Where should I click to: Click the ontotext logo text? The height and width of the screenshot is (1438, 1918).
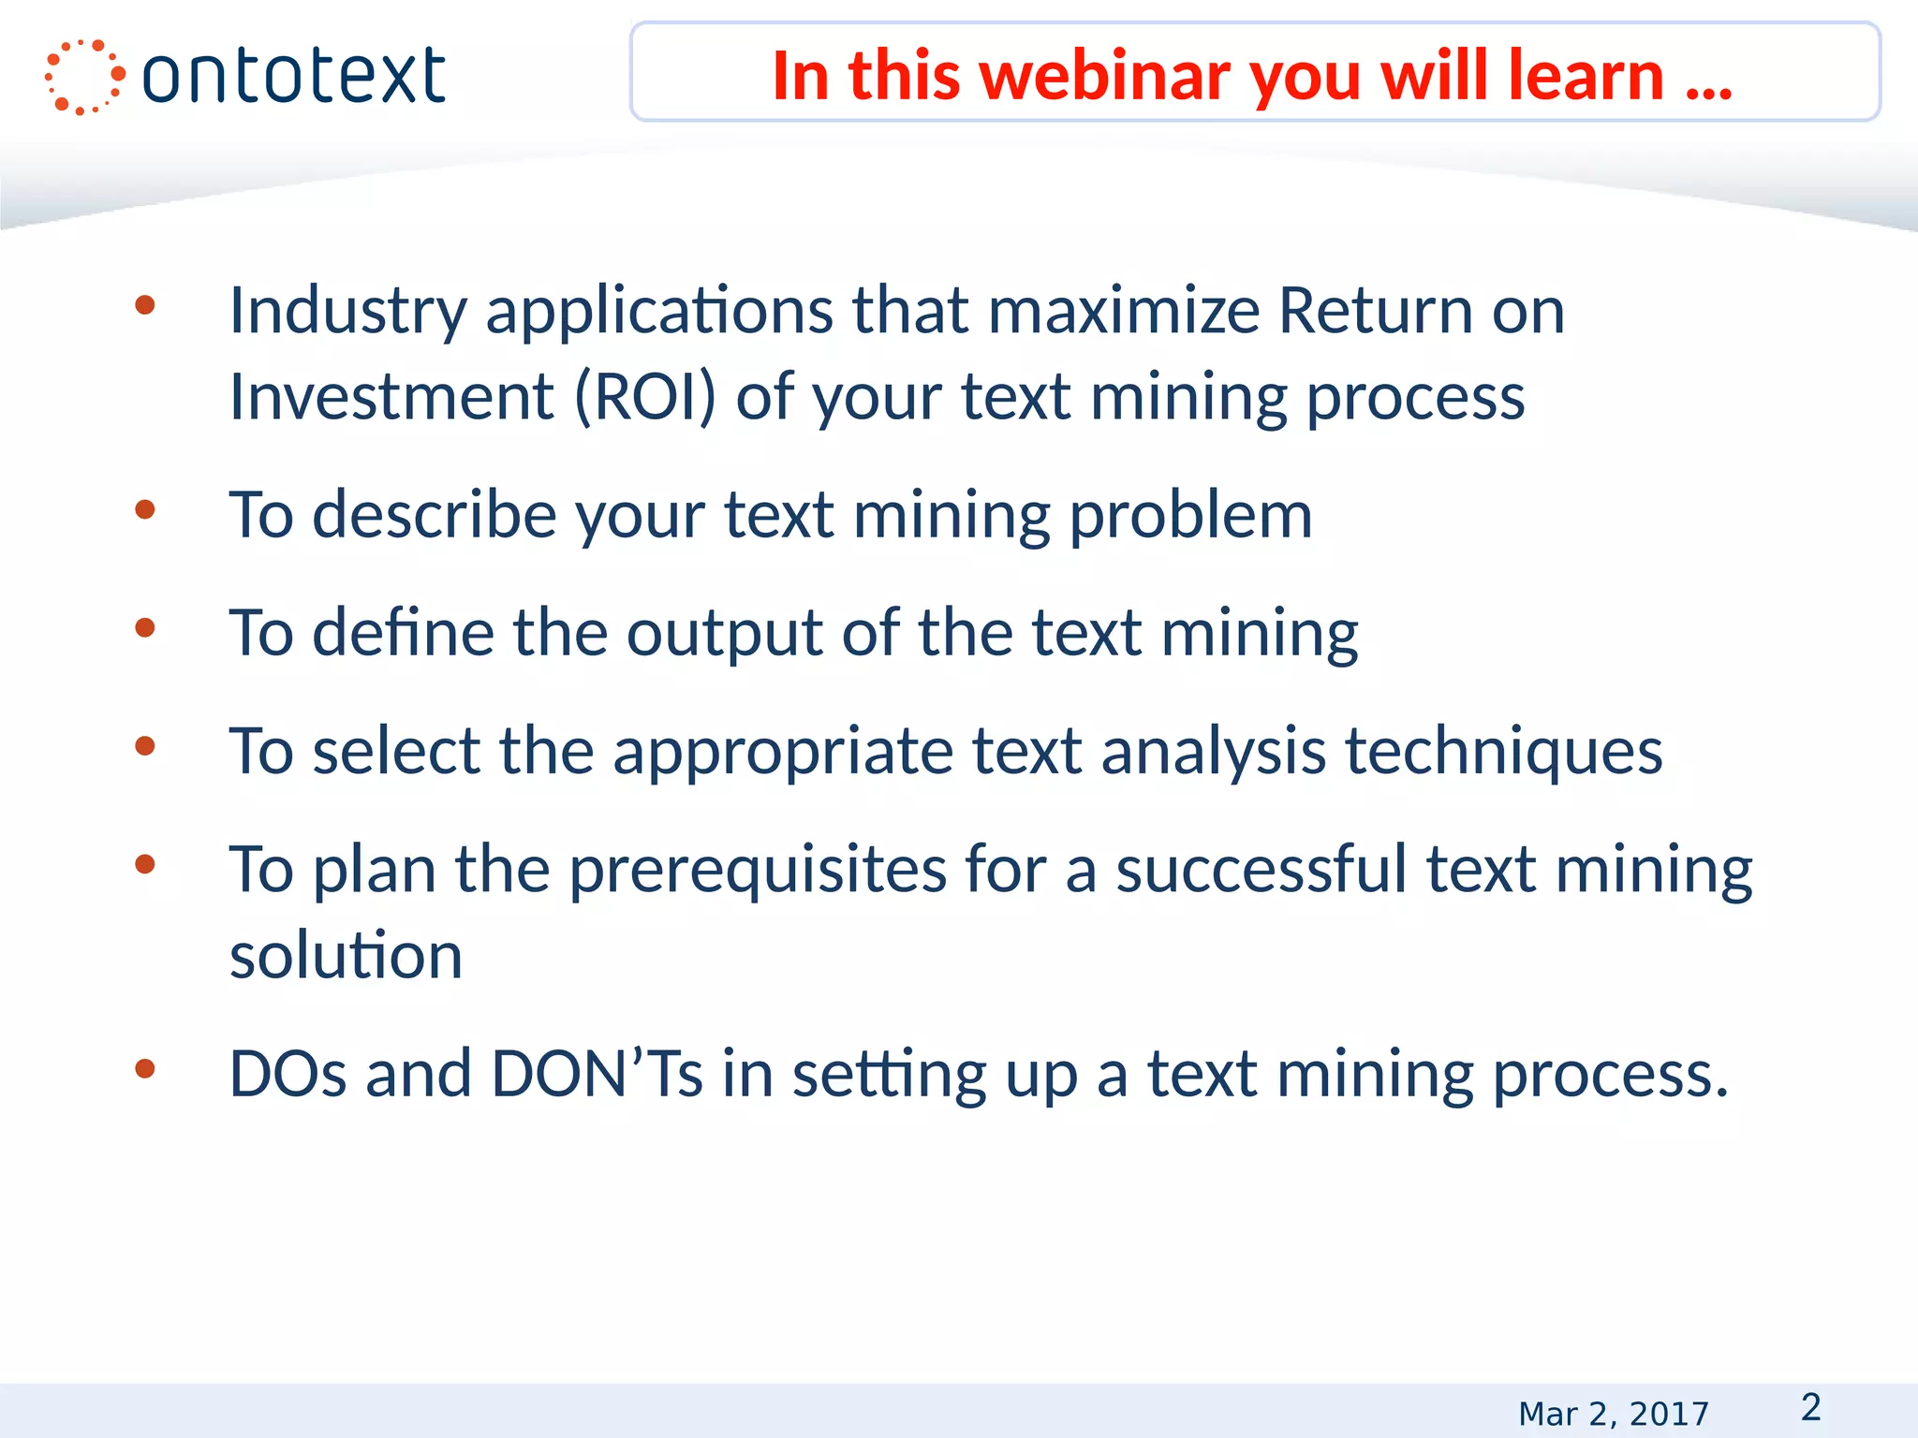[293, 76]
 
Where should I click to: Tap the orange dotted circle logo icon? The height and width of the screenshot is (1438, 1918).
[83, 77]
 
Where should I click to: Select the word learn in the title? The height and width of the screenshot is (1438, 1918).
[1586, 76]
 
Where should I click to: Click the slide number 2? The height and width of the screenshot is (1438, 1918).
[1810, 1407]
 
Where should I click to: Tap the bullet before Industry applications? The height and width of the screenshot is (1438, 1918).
[144, 305]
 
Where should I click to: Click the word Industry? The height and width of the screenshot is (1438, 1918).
[347, 312]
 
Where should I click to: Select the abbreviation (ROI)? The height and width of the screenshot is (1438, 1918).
[644, 397]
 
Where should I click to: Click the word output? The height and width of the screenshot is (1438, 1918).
[724, 635]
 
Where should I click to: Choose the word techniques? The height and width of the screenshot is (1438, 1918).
[1503, 752]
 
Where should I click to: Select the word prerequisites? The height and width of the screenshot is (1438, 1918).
[758, 871]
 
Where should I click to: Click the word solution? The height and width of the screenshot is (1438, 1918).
[346, 956]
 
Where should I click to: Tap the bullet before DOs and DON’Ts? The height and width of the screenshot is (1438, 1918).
[144, 1068]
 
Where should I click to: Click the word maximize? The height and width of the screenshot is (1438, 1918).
[1124, 311]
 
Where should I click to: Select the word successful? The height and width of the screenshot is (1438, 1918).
[1261, 869]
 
